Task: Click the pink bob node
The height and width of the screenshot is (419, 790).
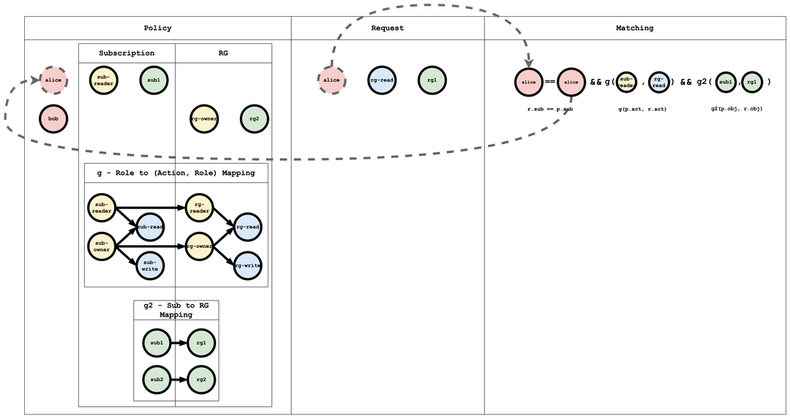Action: click(53, 118)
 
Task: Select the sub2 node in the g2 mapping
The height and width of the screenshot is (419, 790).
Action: click(157, 379)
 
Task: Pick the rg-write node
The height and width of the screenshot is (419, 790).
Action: click(248, 265)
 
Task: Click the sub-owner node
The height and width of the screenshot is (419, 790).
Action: click(102, 246)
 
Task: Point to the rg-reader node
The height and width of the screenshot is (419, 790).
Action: click(200, 208)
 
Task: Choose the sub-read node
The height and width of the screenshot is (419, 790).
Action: click(149, 227)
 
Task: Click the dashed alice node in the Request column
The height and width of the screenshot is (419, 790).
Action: click(331, 80)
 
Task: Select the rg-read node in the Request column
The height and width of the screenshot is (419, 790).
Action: click(382, 80)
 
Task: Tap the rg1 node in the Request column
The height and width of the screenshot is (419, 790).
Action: click(432, 80)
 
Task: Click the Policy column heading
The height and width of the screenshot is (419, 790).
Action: click(157, 29)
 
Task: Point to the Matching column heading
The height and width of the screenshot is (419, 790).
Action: click(634, 29)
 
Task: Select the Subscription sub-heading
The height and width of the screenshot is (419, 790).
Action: click(127, 53)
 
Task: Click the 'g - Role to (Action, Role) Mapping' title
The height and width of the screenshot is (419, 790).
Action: click(176, 173)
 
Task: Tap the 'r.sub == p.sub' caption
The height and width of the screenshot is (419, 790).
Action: click(549, 109)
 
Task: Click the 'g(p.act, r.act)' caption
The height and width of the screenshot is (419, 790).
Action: click(642, 109)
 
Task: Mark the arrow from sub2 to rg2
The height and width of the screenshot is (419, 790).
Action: click(179, 379)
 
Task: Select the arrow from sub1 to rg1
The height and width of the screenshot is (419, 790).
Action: click(179, 341)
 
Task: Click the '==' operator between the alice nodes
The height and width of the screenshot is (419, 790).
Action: click(550, 82)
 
